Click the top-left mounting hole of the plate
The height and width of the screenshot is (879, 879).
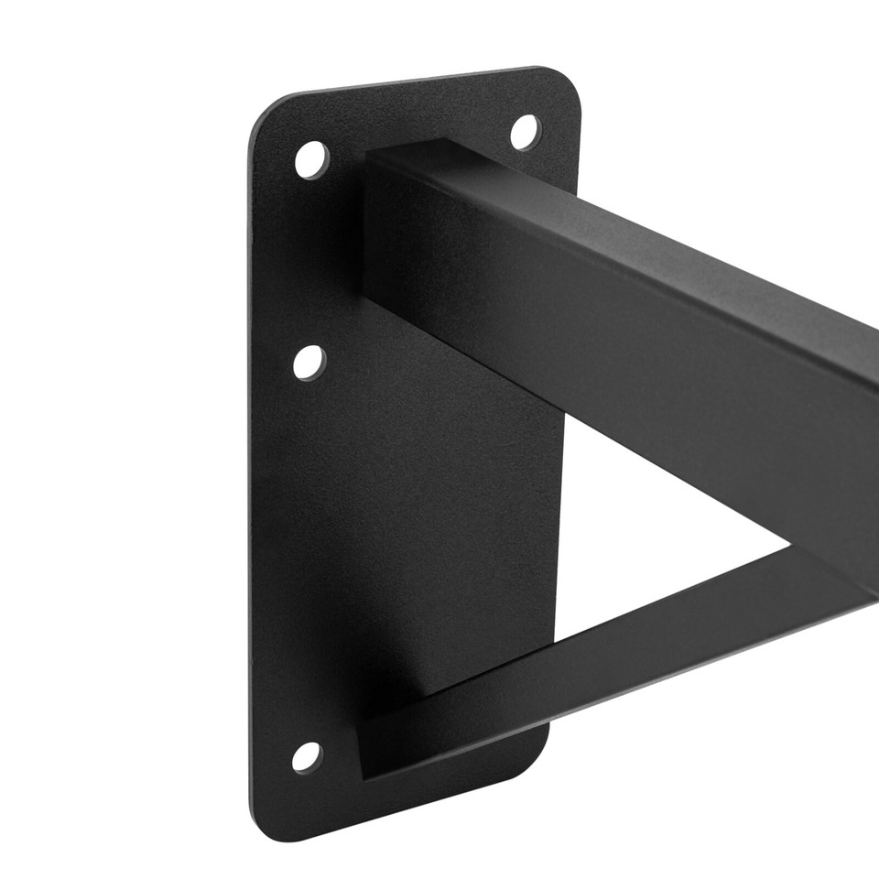click(311, 159)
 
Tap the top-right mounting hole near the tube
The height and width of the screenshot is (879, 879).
click(525, 132)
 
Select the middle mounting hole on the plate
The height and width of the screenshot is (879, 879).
click(309, 363)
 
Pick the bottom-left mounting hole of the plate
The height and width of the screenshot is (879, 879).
click(307, 756)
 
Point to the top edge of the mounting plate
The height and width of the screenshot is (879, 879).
click(412, 81)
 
